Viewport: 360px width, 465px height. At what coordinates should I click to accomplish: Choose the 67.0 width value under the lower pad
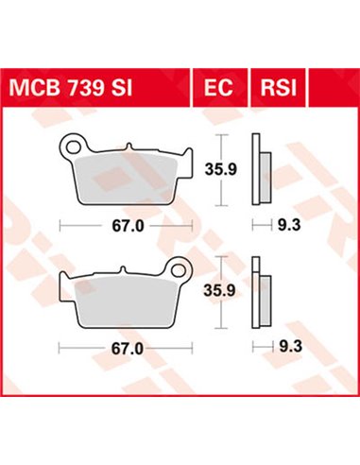[125, 348]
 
